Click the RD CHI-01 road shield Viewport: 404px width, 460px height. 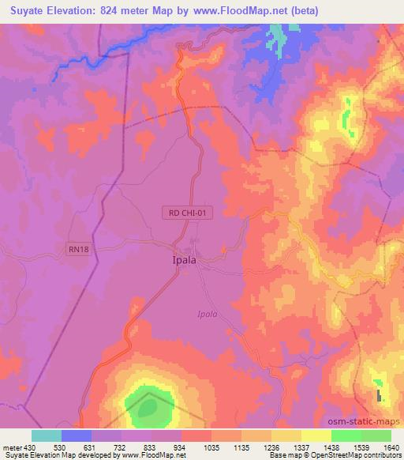186,212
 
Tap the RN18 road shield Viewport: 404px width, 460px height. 77,250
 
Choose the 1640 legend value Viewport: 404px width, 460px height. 391,447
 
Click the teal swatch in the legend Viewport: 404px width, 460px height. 47,435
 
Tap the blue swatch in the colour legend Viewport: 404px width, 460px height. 77,435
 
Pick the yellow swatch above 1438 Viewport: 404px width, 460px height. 316,435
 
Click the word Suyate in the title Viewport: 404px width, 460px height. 22,12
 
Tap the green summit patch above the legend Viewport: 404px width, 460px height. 148,403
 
